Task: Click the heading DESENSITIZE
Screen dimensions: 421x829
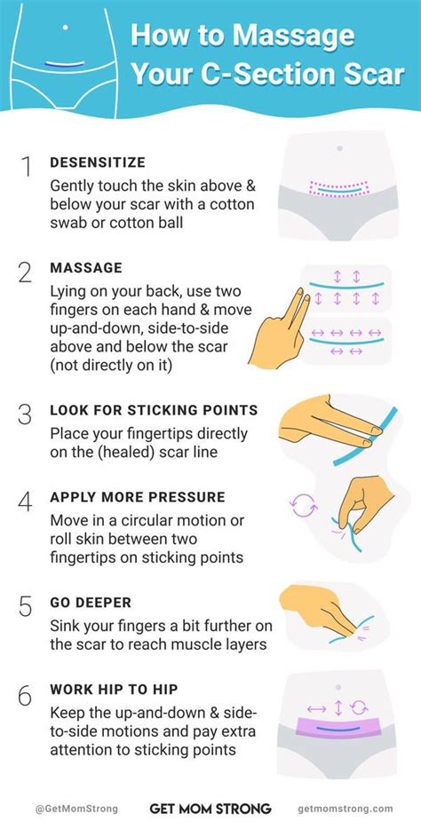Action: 98,162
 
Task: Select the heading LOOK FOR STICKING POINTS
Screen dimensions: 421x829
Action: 154,410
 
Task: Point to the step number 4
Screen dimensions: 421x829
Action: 25,501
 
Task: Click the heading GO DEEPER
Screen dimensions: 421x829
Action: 91,602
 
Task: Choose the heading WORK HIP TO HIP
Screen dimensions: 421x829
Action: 114,690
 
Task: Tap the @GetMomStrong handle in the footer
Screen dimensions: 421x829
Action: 76,809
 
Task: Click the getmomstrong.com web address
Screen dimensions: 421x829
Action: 346,809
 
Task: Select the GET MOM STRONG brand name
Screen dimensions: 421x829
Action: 210,809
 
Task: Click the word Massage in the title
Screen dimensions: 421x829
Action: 293,36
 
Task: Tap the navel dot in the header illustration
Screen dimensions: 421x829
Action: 65,28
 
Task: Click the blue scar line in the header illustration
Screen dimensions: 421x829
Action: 65,64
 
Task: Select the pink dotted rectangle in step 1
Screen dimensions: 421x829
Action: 339,189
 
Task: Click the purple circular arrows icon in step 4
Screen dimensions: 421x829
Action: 304,505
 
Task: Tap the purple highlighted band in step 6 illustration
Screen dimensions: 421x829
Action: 339,727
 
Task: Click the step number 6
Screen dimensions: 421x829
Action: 25,695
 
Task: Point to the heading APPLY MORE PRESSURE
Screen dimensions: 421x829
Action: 138,498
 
